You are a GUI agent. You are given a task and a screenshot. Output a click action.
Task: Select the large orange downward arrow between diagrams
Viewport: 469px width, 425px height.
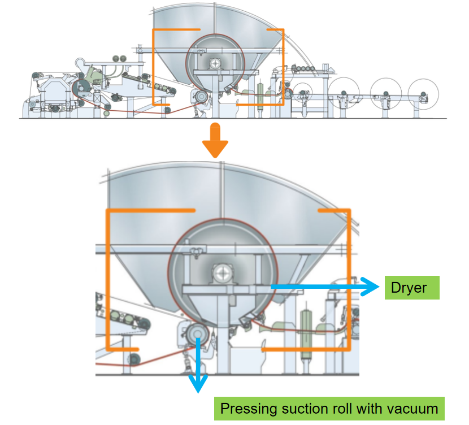215,144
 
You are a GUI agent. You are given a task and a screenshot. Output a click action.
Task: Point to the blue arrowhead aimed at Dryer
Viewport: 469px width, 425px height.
370,287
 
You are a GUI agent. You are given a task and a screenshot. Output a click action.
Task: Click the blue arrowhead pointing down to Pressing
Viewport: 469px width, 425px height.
197,384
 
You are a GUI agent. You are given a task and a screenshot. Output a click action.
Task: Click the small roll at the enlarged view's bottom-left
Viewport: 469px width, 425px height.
134,359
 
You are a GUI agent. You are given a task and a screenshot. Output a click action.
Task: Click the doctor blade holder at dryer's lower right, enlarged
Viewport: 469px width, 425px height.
246,320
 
